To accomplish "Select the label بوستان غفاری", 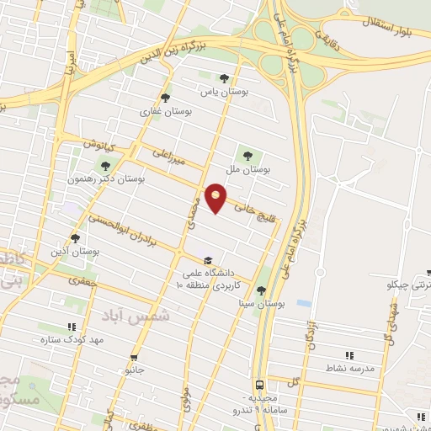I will click(166, 110).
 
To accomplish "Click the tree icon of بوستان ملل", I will click(248, 154).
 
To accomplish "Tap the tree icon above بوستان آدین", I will click(76, 238).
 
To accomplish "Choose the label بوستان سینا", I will click(262, 302).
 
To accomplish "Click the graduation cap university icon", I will click(208, 259).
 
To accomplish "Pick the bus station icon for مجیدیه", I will click(260, 382).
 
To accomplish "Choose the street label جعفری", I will click(83, 284).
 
